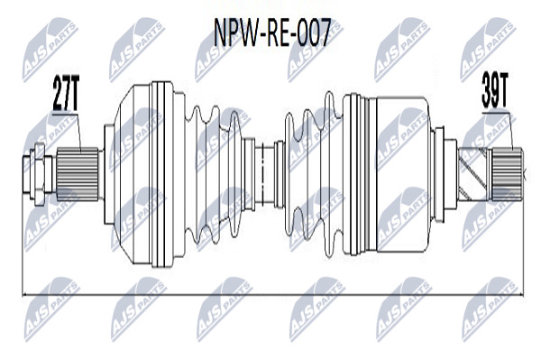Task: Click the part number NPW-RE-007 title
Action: pos(272,32)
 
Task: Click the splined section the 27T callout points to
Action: pos(78,174)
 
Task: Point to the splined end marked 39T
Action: pos(507,174)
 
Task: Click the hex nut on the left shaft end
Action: pos(40,174)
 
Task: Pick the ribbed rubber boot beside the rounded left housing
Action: pos(214,174)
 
